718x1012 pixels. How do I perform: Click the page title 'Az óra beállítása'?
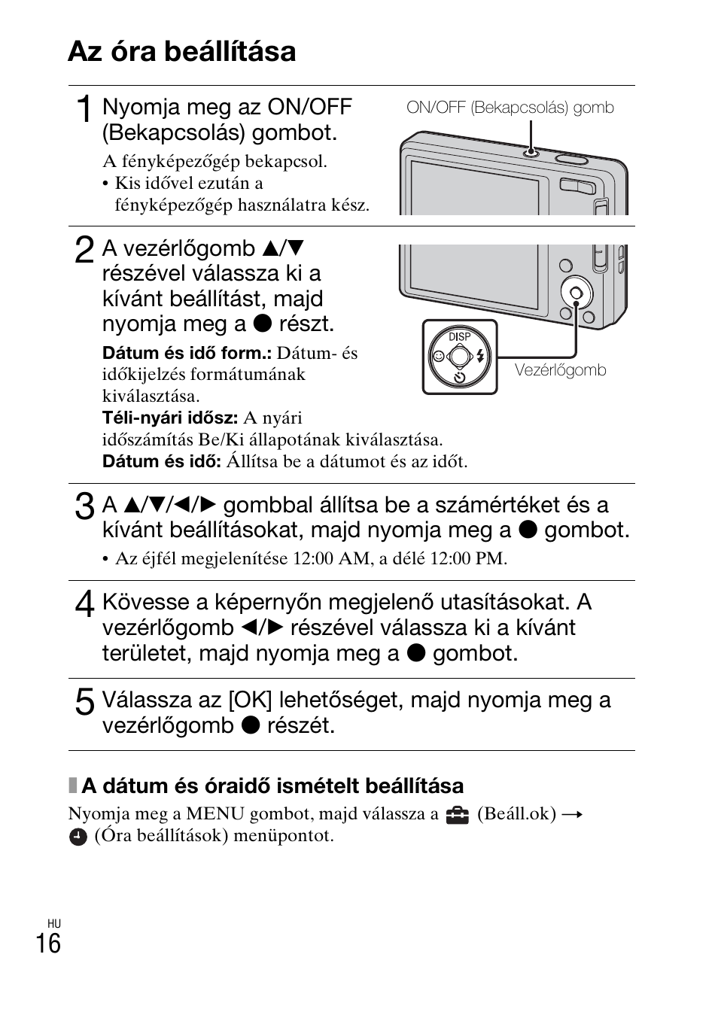(x=181, y=51)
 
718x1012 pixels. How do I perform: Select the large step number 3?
(x=84, y=506)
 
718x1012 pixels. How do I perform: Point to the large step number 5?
(x=84, y=701)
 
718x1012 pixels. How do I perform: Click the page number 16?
(x=48, y=943)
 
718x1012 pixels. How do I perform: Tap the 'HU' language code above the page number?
(x=53, y=923)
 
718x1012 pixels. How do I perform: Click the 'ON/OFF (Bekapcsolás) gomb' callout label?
(x=510, y=108)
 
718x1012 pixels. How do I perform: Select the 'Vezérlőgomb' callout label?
(x=560, y=370)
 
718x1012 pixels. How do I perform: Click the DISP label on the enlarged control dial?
(x=459, y=336)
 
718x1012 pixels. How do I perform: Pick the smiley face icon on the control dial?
(x=438, y=357)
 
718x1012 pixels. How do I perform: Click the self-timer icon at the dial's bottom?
(x=460, y=378)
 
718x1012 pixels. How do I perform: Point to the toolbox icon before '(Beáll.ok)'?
(x=456, y=815)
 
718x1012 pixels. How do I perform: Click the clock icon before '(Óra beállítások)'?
(x=78, y=837)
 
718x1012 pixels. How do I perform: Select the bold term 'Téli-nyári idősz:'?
(x=170, y=418)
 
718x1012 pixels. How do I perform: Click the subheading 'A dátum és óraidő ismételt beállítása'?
(x=272, y=786)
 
